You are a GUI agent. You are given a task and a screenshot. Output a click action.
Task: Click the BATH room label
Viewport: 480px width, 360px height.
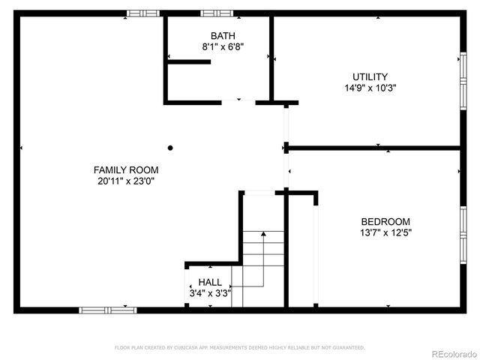point(223,36)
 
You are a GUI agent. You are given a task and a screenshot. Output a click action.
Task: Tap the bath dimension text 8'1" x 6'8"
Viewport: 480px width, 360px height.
point(223,46)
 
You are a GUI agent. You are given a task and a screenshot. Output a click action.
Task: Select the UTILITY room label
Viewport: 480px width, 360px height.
point(370,76)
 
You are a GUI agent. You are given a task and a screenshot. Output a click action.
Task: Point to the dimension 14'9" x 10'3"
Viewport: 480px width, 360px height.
point(370,87)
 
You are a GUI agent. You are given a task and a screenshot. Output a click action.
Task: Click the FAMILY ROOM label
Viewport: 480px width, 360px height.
point(125,169)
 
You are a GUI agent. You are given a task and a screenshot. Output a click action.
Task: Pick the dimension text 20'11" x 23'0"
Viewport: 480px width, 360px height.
point(125,180)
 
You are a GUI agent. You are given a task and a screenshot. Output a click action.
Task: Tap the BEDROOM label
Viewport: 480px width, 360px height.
point(385,221)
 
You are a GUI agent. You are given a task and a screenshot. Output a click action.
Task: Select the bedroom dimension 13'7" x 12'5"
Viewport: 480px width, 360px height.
point(385,232)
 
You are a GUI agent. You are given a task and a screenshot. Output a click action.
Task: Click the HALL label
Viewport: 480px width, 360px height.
point(210,282)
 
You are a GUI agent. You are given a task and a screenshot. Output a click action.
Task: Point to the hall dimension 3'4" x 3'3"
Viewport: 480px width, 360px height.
point(210,292)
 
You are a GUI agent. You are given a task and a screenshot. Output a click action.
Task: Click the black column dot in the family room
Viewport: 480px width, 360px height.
point(170,148)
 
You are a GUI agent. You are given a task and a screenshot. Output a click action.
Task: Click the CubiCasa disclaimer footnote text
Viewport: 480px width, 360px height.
point(239,348)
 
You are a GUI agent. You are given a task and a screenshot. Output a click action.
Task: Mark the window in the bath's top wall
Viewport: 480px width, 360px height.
point(217,13)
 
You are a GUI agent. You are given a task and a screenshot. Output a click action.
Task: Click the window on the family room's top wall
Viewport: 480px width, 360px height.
point(142,13)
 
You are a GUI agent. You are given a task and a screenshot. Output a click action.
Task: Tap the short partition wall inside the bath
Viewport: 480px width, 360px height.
point(188,61)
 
